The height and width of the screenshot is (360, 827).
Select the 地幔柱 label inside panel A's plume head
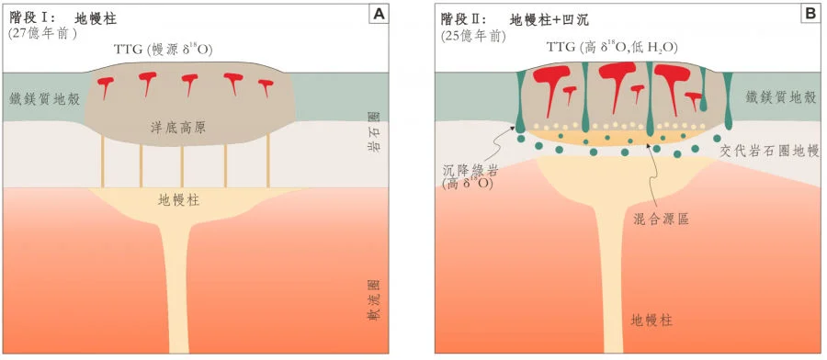tap(178, 198)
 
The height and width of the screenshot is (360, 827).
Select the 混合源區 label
tap(661, 221)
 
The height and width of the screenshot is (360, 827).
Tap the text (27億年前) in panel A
tap(42, 34)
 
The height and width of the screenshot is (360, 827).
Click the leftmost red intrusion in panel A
tap(107, 86)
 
